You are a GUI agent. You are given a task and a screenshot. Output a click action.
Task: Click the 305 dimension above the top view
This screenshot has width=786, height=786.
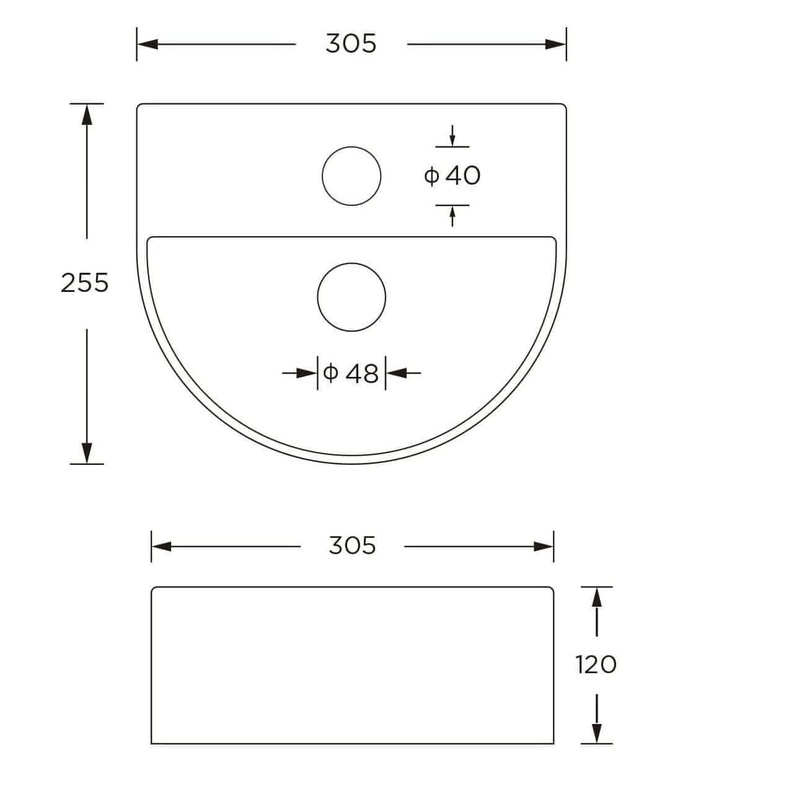point(351,44)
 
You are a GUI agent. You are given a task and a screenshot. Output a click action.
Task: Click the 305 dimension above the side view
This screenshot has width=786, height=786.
point(352,545)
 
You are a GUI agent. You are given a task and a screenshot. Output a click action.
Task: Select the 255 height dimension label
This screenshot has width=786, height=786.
point(85,283)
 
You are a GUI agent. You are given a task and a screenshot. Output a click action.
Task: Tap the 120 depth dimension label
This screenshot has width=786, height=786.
point(596,665)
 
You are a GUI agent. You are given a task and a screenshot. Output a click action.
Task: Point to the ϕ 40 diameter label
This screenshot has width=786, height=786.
point(453,176)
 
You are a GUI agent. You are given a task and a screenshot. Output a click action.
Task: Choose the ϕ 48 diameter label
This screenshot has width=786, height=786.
point(351,373)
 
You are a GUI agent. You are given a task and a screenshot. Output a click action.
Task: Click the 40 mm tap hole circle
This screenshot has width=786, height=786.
point(351,176)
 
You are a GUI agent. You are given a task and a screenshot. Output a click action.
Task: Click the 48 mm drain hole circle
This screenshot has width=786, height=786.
point(351,296)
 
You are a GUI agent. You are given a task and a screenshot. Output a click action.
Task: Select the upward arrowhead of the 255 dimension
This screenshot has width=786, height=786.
point(87,113)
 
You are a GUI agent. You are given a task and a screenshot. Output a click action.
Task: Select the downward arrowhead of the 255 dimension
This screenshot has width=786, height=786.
point(87,453)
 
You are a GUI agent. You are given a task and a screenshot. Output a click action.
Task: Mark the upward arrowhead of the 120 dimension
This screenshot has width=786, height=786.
point(597,597)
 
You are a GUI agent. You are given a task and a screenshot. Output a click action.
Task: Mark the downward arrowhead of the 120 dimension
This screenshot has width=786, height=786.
point(597,733)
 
